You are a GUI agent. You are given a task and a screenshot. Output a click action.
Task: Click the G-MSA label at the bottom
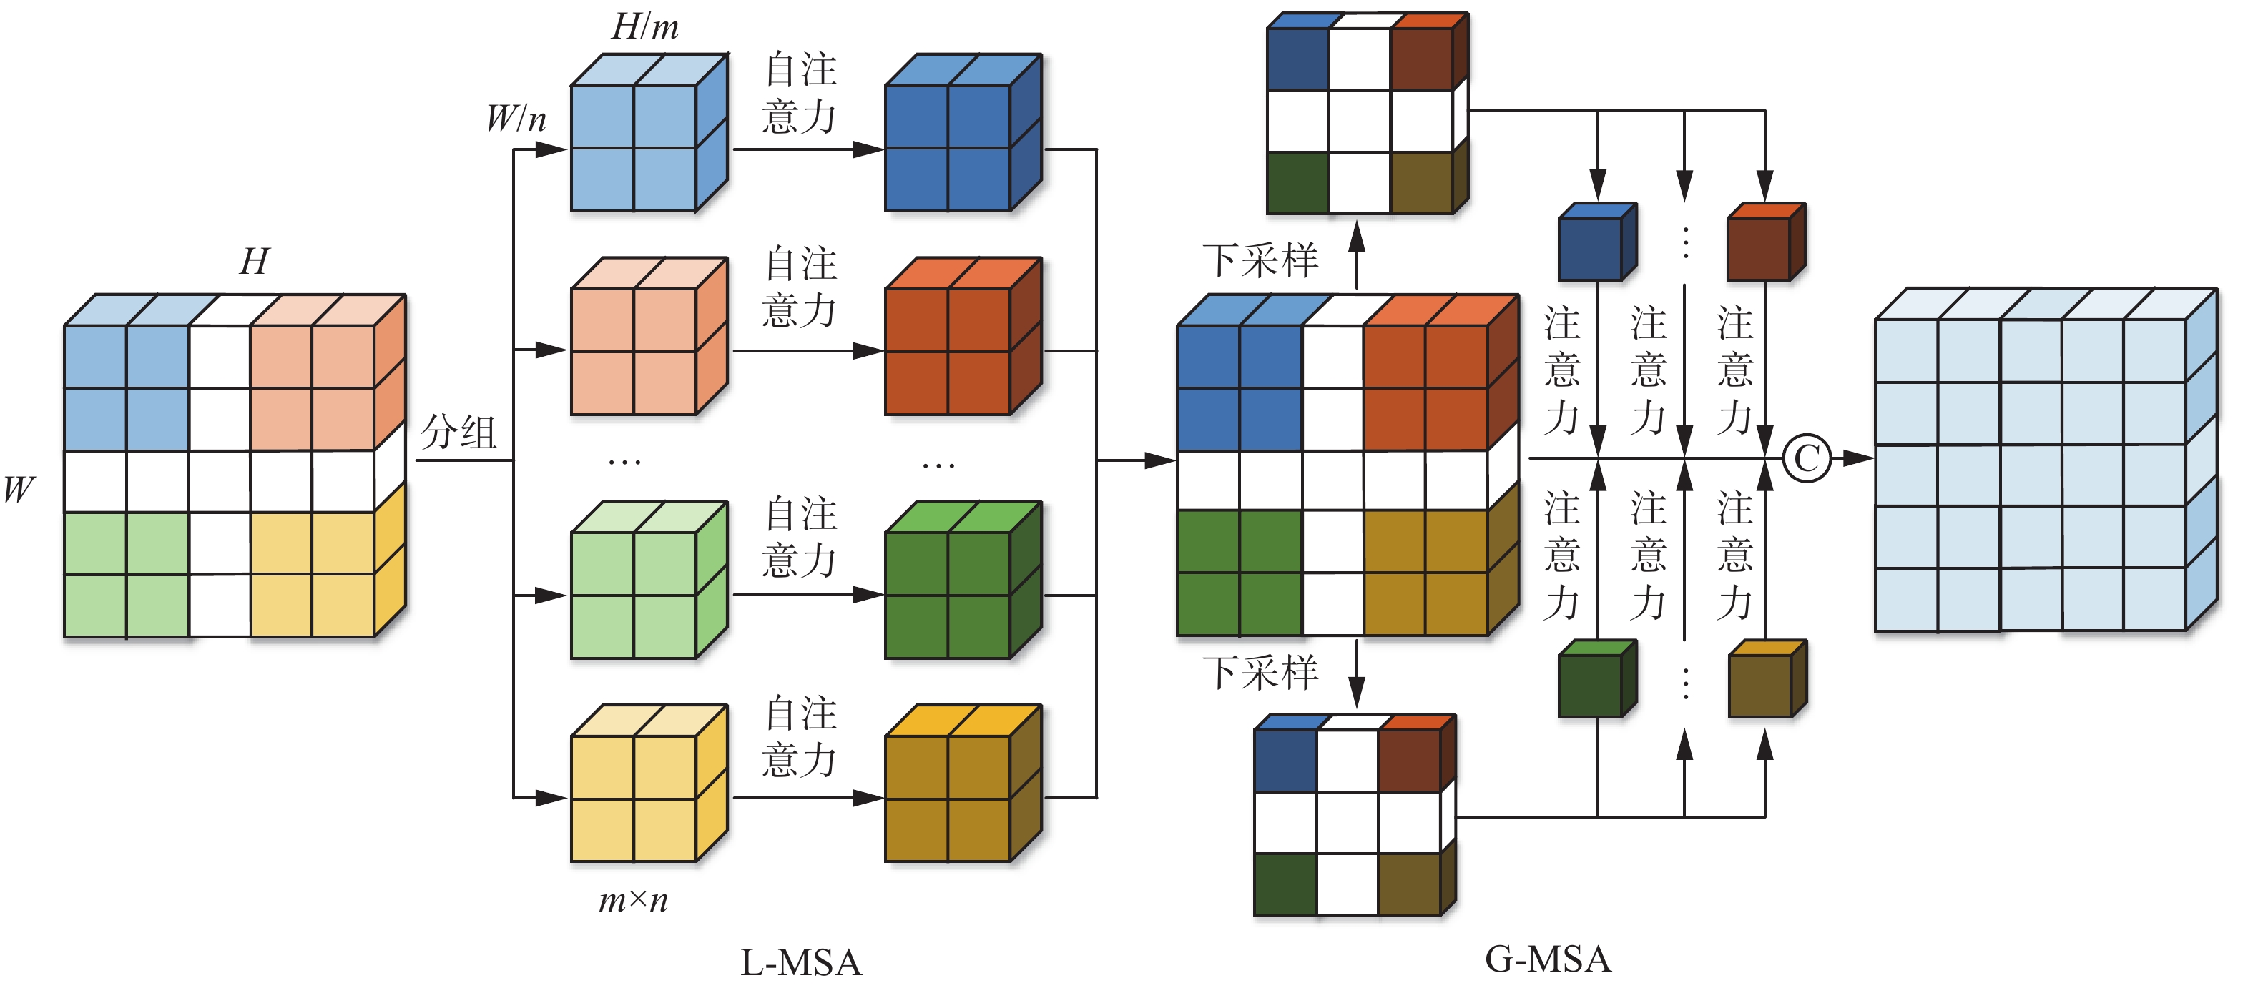(1547, 959)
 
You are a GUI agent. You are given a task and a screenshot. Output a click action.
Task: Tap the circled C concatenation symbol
(1806, 458)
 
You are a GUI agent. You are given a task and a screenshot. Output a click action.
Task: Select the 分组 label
(458, 432)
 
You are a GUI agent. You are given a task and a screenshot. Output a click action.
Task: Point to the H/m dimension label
(644, 26)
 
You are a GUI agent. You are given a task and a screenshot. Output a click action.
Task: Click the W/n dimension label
(516, 118)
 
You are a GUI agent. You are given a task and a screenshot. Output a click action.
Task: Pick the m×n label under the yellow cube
(633, 899)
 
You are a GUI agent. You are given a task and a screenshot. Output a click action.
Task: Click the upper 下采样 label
(1260, 260)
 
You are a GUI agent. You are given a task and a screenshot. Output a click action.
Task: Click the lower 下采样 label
(1260, 672)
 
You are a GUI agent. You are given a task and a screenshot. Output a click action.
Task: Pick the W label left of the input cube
(19, 490)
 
